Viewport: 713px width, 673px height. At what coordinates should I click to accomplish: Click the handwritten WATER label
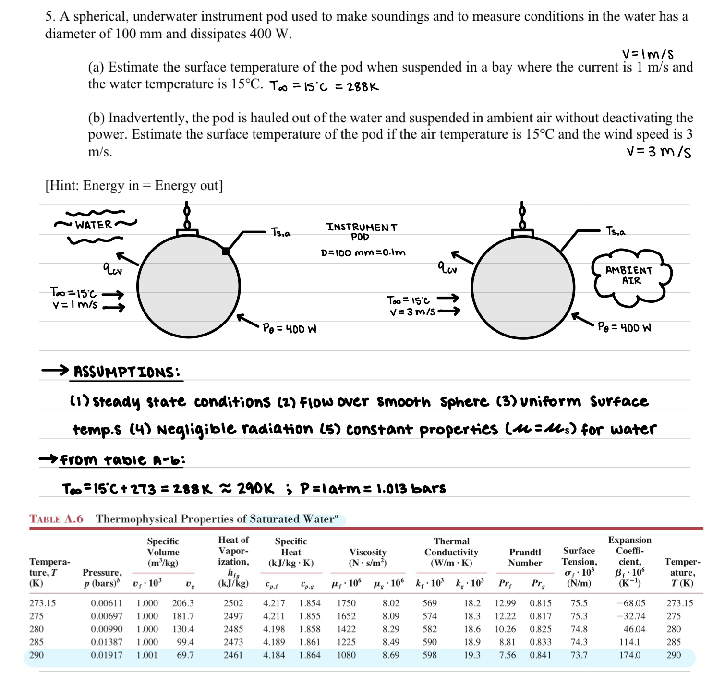click(x=94, y=225)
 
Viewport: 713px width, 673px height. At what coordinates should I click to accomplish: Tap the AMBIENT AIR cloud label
click(x=629, y=276)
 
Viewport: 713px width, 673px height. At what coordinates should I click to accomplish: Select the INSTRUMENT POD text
click(x=362, y=231)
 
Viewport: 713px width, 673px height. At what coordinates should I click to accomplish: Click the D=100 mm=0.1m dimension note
click(x=363, y=252)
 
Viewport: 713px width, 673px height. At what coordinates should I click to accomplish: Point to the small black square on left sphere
click(x=226, y=251)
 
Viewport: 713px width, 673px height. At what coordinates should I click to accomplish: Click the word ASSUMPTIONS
click(x=127, y=372)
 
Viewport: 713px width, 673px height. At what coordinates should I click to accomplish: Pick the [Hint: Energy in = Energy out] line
click(x=134, y=186)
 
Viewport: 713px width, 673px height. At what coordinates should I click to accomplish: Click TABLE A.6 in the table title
click(x=56, y=519)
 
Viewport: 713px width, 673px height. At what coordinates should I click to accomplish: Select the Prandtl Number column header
click(x=525, y=557)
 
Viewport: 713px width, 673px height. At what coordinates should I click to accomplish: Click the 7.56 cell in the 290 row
click(x=507, y=655)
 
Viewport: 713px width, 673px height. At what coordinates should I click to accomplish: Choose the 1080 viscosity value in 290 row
click(x=346, y=655)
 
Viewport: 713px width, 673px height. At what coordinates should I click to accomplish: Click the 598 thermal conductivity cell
click(x=429, y=655)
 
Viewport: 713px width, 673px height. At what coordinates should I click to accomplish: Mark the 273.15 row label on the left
click(x=42, y=603)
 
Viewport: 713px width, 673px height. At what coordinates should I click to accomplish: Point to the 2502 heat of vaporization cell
click(x=233, y=603)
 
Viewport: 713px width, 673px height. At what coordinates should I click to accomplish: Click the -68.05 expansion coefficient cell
click(x=630, y=603)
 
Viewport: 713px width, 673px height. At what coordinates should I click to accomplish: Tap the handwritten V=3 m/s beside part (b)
click(x=659, y=152)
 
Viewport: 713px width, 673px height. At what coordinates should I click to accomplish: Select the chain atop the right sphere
click(x=522, y=216)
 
